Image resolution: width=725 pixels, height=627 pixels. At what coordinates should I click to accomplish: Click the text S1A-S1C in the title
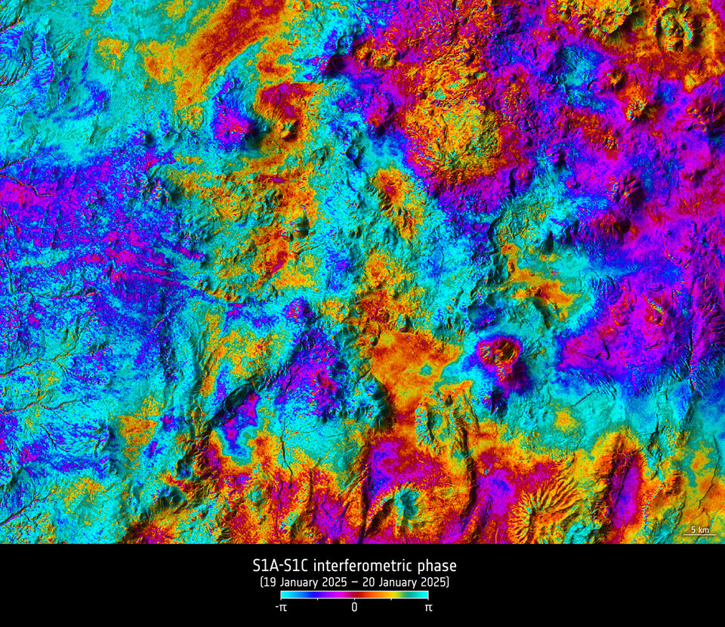click(x=280, y=566)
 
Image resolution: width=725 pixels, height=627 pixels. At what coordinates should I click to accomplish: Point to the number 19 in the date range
click(x=269, y=582)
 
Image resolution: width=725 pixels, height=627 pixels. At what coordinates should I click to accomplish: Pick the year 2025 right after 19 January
click(x=332, y=582)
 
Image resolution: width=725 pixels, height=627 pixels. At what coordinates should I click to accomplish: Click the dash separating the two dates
click(x=352, y=582)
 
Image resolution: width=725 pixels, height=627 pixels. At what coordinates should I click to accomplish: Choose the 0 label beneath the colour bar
click(x=354, y=607)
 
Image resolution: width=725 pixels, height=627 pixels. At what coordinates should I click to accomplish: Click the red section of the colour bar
click(x=362, y=595)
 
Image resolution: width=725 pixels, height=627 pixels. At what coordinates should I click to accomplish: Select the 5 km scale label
click(x=700, y=530)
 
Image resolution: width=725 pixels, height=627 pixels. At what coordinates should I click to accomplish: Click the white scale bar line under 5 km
click(x=700, y=536)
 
